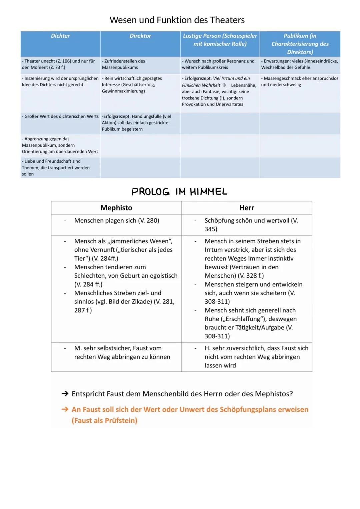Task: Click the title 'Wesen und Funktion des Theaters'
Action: (x=177, y=20)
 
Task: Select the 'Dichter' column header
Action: (x=60, y=36)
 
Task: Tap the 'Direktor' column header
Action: (x=140, y=36)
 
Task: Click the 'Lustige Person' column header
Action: (x=220, y=40)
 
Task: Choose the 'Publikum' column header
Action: (x=300, y=44)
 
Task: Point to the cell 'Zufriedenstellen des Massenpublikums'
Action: (x=123, y=64)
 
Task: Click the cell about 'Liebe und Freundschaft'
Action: (x=56, y=167)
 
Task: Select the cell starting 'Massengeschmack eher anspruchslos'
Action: (x=299, y=81)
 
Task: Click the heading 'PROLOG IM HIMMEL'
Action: (x=179, y=192)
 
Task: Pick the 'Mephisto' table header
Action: (x=116, y=208)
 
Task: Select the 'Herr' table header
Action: (x=247, y=208)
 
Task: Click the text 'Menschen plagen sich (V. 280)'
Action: (x=117, y=221)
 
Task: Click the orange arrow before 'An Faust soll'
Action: (x=65, y=409)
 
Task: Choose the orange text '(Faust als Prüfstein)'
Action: (x=104, y=421)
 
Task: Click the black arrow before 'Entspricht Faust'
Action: (x=65, y=394)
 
